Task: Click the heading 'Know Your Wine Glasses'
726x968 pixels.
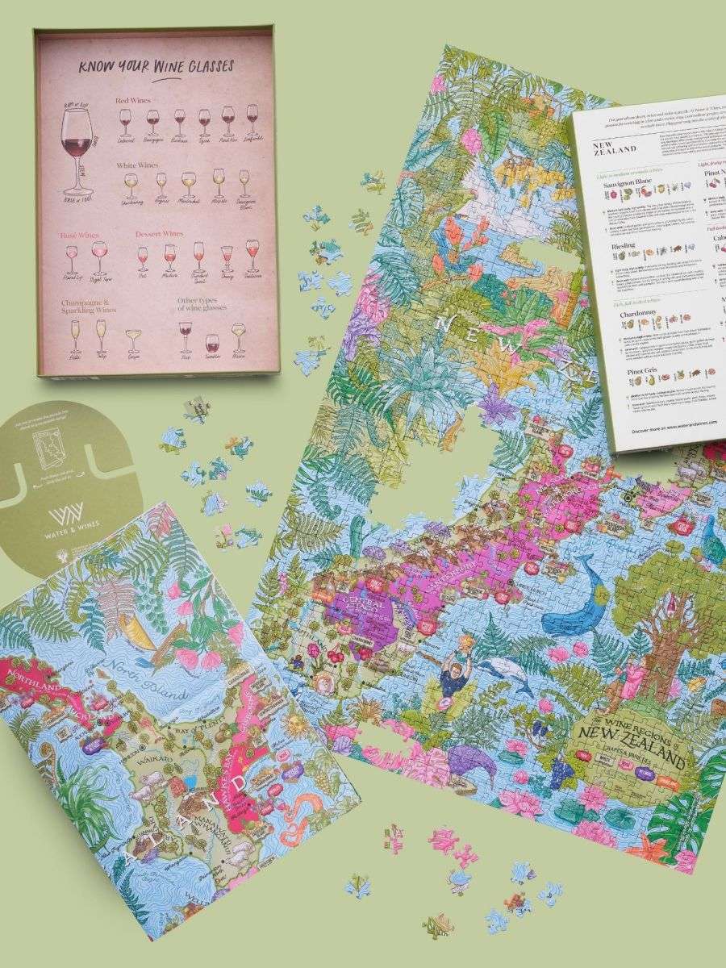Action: (x=157, y=67)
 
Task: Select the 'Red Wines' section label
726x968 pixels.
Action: (x=133, y=101)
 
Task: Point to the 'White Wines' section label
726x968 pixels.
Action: (x=137, y=164)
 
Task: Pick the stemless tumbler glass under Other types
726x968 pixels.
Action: (x=211, y=342)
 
